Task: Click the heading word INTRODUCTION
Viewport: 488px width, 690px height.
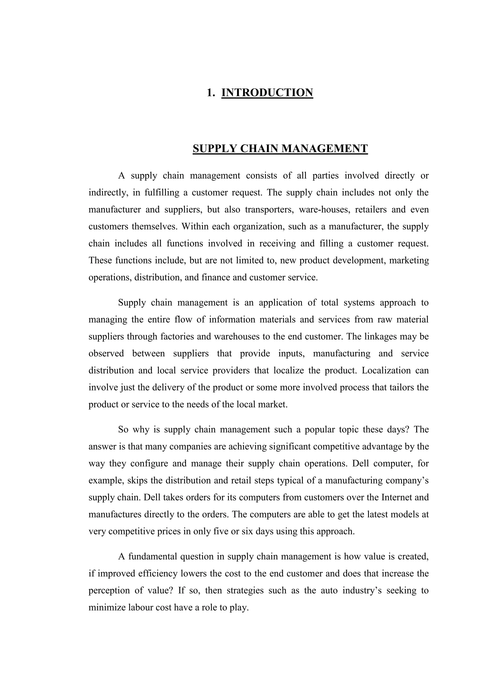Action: tap(267, 92)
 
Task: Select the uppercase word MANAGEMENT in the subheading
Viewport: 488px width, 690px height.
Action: tap(325, 148)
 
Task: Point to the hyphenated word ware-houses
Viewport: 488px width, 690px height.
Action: tap(324, 209)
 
